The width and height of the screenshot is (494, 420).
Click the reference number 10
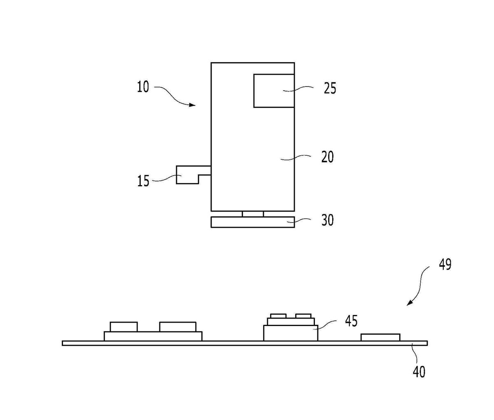coord(143,87)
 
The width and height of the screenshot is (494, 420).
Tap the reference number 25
coord(330,88)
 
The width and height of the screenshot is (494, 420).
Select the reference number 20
coord(327,157)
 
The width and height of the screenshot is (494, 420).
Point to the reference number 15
coord(143,181)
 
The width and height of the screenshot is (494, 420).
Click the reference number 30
coord(327,220)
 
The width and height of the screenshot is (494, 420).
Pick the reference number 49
coord(445,265)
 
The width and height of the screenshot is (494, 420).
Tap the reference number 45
coord(351,321)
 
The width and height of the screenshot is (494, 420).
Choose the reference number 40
coord(419,372)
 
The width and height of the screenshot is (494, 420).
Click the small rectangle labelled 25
coord(274,91)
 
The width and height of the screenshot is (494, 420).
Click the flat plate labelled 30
coord(253,222)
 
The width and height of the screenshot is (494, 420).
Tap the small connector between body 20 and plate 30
coord(253,214)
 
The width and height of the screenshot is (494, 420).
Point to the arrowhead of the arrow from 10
coord(193,105)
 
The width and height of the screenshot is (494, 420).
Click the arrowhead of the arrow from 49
coord(410,303)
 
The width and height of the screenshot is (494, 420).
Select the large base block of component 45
coord(291,333)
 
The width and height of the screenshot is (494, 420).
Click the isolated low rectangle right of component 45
coord(380,338)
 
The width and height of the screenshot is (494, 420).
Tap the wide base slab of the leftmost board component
coord(153,336)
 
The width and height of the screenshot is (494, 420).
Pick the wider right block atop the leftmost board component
coord(178,327)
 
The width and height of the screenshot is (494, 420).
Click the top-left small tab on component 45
coord(278,316)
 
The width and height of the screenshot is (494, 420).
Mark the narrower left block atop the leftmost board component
coord(124,327)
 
